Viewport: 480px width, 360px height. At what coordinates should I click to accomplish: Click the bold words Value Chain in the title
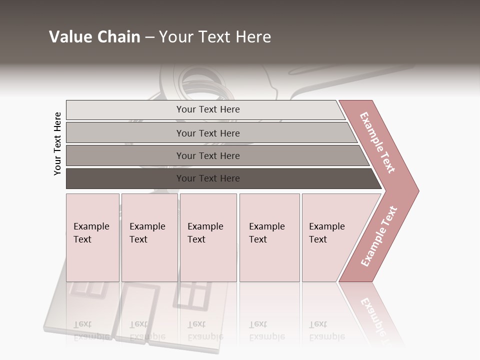[x=94, y=37]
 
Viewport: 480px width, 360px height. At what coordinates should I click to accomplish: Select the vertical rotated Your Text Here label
[x=58, y=143]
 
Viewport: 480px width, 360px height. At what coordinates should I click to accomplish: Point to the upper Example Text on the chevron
[x=377, y=142]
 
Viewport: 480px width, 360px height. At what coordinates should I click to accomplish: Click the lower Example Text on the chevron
[x=379, y=236]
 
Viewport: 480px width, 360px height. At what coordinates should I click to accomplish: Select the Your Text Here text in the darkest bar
[x=208, y=178]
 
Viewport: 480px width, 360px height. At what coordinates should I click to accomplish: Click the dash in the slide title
[x=149, y=37]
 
